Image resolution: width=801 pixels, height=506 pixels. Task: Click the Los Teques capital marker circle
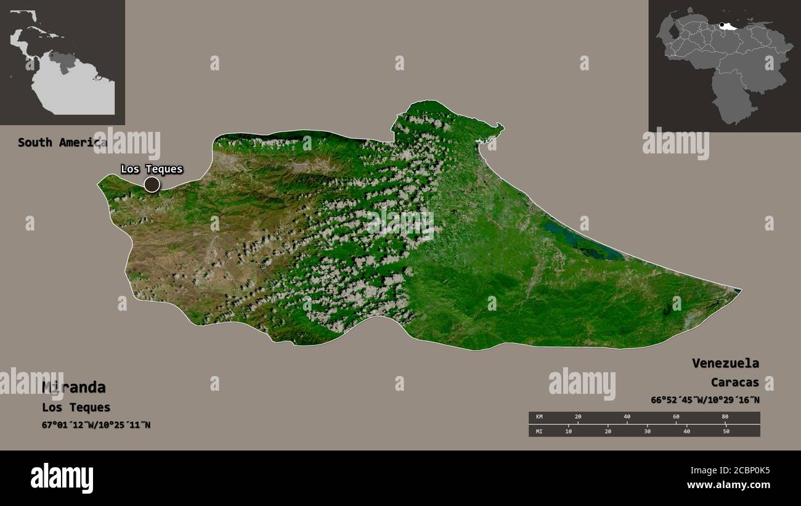pos(152,184)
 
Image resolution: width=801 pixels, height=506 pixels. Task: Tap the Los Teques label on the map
pos(152,169)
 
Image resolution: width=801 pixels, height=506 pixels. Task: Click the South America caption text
pos(62,142)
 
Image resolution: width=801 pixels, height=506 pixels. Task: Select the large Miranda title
pos(74,387)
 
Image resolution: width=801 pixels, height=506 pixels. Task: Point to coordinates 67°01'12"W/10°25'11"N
pos(96,425)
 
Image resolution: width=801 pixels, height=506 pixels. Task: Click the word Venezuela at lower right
pos(725,363)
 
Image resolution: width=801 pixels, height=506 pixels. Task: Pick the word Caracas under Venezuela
pos(734,383)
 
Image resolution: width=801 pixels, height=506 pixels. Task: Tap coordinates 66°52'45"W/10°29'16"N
pos(705,400)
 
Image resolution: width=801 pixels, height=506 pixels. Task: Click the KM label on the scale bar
pos(540,417)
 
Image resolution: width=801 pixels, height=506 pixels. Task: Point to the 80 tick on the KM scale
pos(725,417)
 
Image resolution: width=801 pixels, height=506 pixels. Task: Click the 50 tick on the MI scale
pos(726,431)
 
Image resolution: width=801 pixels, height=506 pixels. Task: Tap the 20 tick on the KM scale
pos(578,417)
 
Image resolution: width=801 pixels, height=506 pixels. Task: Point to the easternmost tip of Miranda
pos(739,290)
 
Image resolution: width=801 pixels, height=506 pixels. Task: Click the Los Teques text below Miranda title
pos(76,407)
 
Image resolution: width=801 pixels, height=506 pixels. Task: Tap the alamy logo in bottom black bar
pos(62,478)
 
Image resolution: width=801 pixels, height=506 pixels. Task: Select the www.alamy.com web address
pos(729,486)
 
